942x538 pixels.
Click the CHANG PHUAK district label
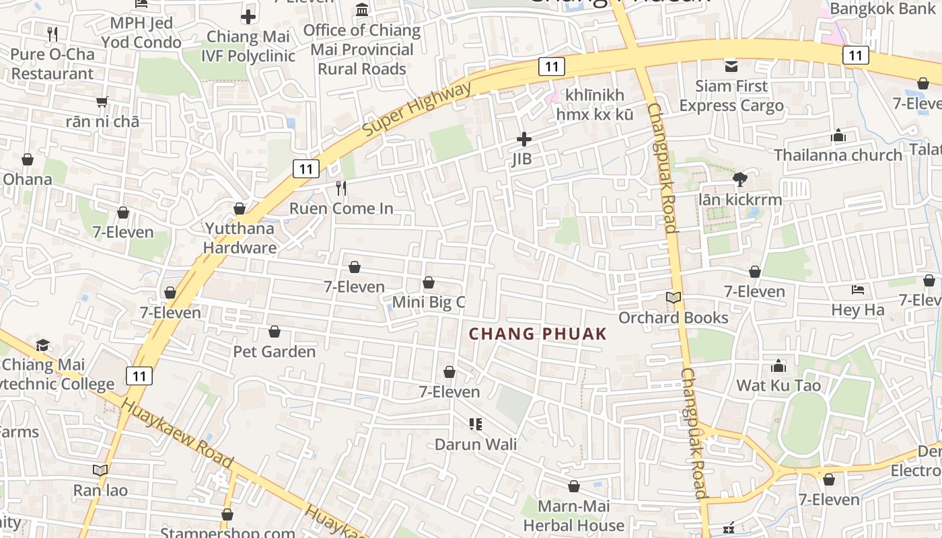click(538, 334)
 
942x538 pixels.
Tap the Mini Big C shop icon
click(429, 282)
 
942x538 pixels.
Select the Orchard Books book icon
click(674, 297)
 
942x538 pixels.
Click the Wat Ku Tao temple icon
click(778, 366)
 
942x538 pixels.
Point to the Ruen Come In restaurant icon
click(341, 188)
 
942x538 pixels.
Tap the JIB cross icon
click(523, 139)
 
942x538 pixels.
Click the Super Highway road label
click(417, 110)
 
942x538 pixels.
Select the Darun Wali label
click(476, 445)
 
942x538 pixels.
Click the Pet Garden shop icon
click(275, 332)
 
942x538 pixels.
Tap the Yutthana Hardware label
click(240, 238)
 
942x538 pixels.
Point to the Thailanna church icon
click(838, 136)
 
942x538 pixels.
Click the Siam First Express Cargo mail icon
click(731, 66)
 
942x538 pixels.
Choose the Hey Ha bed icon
click(858, 290)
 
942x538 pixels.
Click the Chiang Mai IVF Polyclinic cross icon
click(248, 17)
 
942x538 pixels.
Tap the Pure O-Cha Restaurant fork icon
click(52, 34)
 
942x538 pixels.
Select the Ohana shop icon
click(28, 159)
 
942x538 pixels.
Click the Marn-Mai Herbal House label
click(573, 515)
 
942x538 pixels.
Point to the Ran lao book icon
click(100, 470)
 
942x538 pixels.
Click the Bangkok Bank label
click(873, 9)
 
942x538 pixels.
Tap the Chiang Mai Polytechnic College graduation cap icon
click(43, 345)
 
